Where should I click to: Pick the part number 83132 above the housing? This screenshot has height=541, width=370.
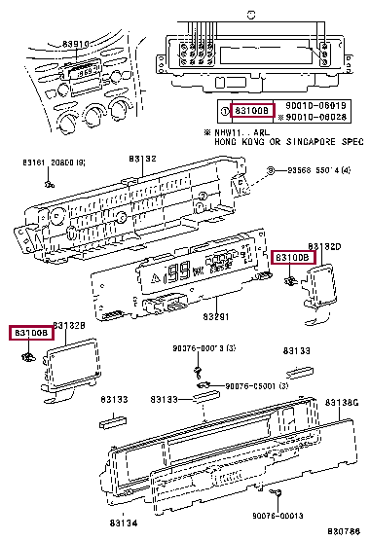[x=144, y=158]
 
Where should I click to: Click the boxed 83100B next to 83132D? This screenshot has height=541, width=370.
[x=291, y=258]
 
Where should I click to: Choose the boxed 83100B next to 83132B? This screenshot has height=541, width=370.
[x=30, y=333]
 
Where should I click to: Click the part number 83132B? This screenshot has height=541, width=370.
[x=69, y=323]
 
